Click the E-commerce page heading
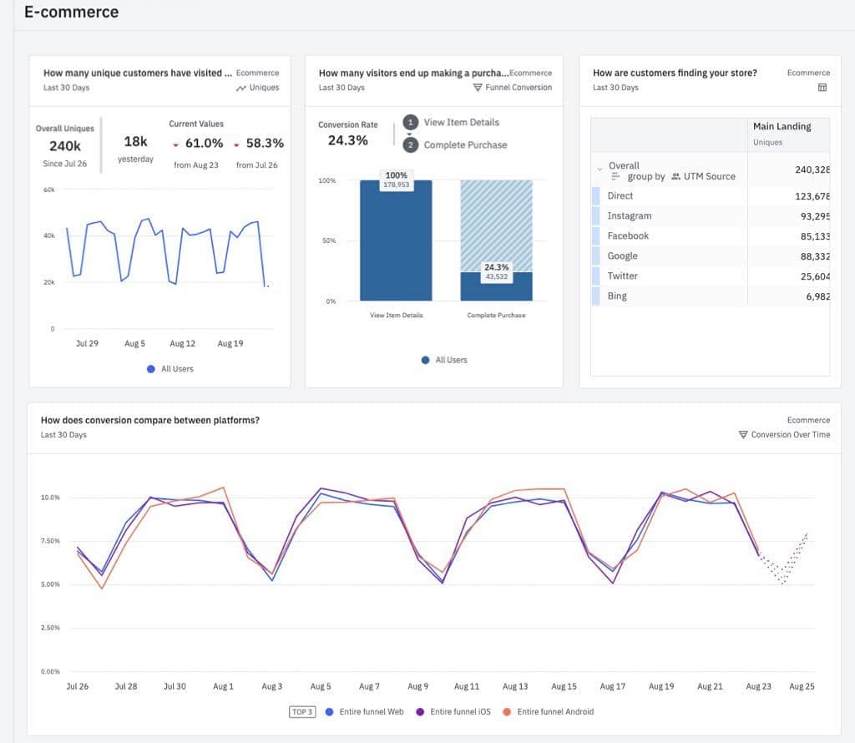coord(71,13)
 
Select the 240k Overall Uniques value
coord(65,146)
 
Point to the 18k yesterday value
coord(135,143)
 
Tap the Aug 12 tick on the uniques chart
coord(182,343)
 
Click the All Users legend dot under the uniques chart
coord(150,368)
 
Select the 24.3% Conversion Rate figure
coord(347,140)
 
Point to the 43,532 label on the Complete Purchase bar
coord(496,276)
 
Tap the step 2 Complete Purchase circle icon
coord(410,144)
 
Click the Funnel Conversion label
coord(519,87)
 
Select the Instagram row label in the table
coord(629,215)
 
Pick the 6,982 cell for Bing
coord(812,296)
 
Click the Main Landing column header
coord(782,126)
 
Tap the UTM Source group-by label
coord(709,176)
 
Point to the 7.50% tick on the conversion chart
coord(50,541)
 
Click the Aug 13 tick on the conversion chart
coord(514,686)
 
